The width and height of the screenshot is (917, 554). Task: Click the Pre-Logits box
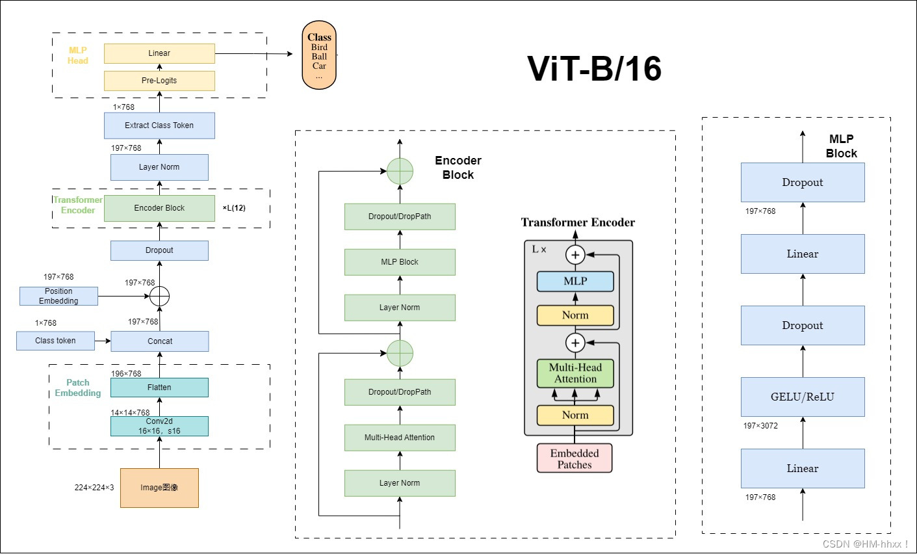click(x=159, y=81)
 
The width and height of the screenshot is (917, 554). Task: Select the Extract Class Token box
click(x=159, y=125)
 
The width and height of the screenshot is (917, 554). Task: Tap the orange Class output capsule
click(x=319, y=55)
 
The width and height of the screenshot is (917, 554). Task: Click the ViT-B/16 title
click(x=594, y=68)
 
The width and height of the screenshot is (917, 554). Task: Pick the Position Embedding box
click(x=58, y=296)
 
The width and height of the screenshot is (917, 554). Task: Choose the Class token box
click(x=55, y=341)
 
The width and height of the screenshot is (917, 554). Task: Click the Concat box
click(x=159, y=341)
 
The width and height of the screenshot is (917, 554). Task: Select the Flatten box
click(x=159, y=388)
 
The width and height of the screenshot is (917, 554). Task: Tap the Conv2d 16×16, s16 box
click(x=159, y=426)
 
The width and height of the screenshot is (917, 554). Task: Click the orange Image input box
click(x=159, y=488)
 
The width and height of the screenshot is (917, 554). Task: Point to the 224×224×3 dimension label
click(x=94, y=488)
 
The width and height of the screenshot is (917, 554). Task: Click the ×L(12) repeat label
click(x=234, y=208)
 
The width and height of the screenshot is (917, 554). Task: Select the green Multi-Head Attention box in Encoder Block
click(x=400, y=438)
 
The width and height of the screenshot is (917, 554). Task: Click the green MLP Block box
click(x=400, y=262)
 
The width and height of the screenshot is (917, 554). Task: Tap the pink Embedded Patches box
click(x=575, y=458)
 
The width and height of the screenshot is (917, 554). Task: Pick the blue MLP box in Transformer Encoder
click(x=575, y=282)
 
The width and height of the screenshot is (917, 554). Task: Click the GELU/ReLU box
click(x=803, y=397)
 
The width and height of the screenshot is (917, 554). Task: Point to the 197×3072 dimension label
click(x=760, y=426)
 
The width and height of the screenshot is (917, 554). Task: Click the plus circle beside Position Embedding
click(x=159, y=297)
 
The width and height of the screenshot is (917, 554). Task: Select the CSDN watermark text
click(x=865, y=544)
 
